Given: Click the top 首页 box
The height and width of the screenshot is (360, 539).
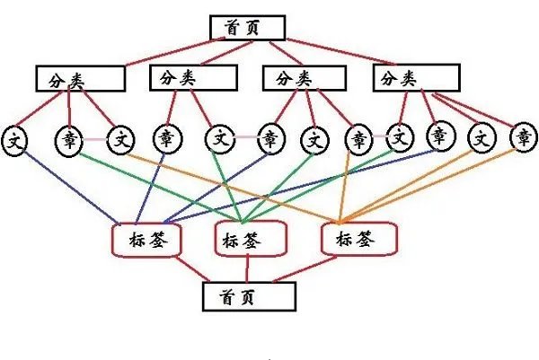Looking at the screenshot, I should [x=246, y=28].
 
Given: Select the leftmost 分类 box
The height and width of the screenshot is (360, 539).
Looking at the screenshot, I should [x=80, y=78].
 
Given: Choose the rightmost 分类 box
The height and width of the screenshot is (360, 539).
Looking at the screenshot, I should [x=411, y=79].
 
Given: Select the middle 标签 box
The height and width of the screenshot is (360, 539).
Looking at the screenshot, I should [x=250, y=240].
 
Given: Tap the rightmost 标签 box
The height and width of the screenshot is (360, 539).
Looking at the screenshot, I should [x=357, y=239].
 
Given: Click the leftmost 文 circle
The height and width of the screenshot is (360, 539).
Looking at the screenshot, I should [x=15, y=139].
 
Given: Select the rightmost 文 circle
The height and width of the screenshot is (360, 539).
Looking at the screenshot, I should [x=482, y=138].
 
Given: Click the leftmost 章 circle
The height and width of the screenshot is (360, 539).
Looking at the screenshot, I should [x=70, y=139].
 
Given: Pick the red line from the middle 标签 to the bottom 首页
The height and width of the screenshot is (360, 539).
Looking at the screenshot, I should [x=248, y=269].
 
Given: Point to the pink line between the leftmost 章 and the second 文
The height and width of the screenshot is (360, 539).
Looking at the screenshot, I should [x=95, y=139].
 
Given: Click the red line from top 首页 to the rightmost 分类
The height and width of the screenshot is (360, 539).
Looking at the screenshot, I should [x=341, y=52].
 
